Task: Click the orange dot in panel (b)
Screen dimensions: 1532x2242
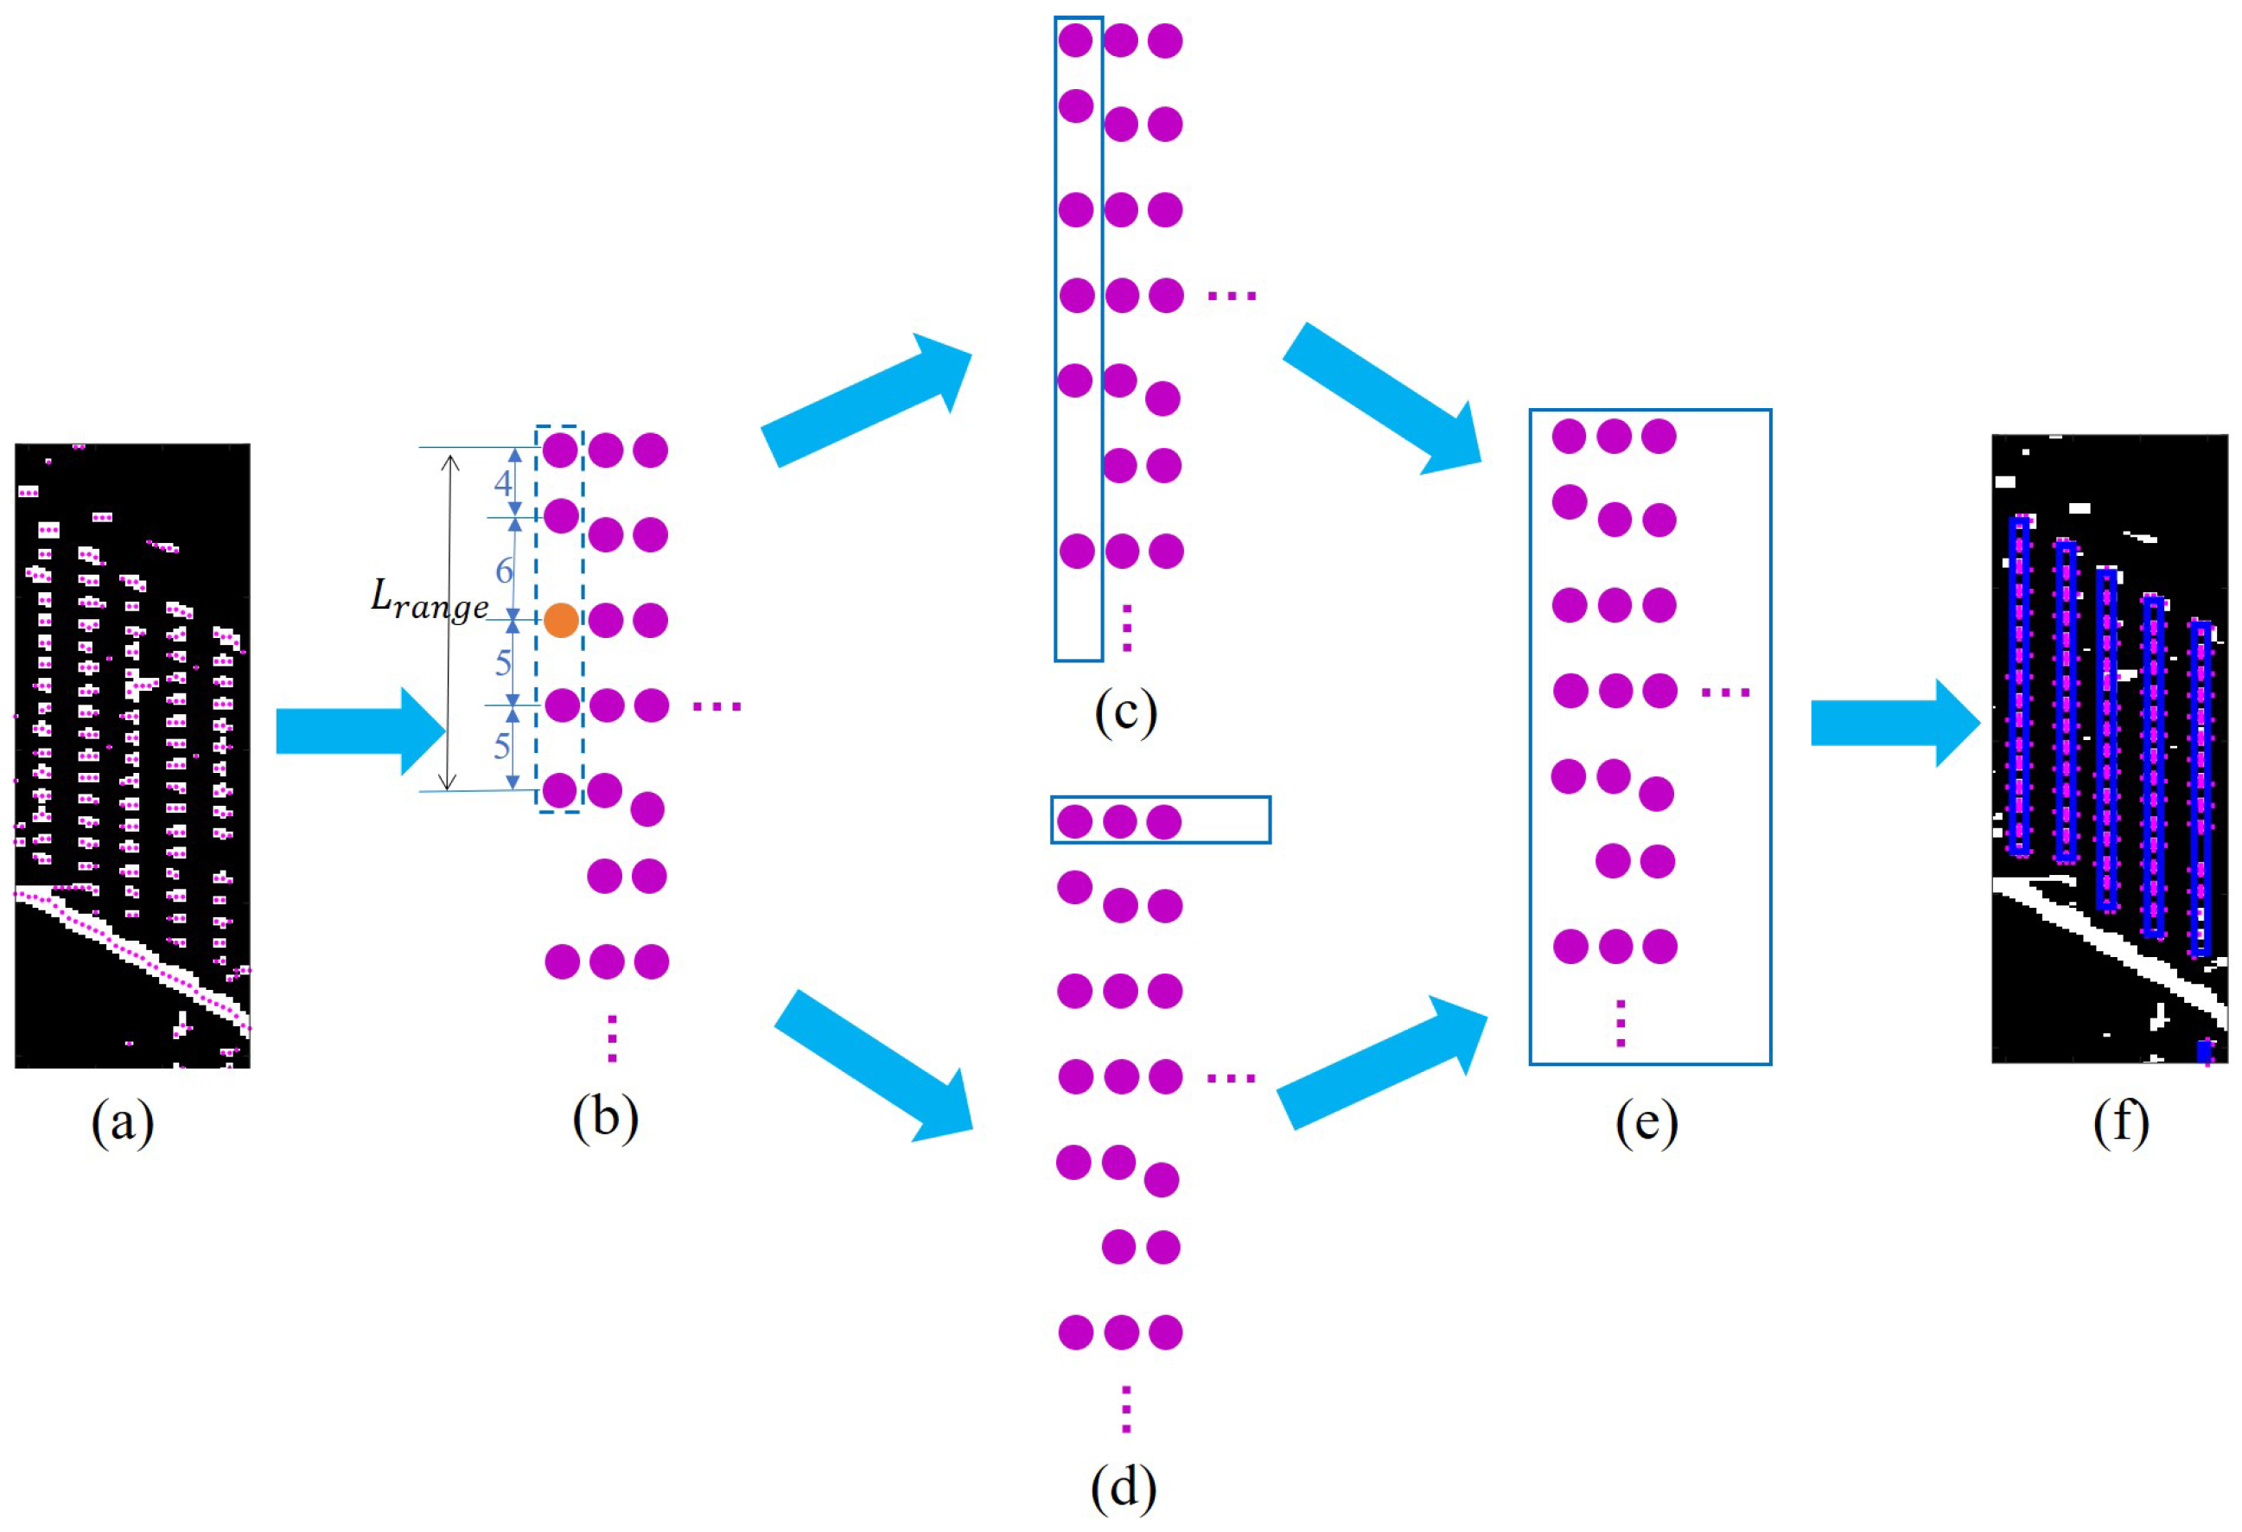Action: pyautogui.click(x=560, y=621)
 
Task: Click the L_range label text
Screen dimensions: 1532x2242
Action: pyautogui.click(x=430, y=600)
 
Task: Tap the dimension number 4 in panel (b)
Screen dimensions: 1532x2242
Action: pyautogui.click(x=503, y=482)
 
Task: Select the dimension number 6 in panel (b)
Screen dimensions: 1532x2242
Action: pyautogui.click(x=504, y=570)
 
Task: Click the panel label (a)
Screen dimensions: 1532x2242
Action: pyautogui.click(x=123, y=1122)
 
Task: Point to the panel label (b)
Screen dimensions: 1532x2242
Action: pyautogui.click(x=605, y=1118)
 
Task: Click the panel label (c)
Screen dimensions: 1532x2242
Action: pyautogui.click(x=1124, y=713)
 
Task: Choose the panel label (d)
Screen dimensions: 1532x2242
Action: pyautogui.click(x=1123, y=1487)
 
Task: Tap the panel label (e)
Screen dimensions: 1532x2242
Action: pyautogui.click(x=1646, y=1122)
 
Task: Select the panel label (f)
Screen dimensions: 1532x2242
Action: pyautogui.click(x=2121, y=1122)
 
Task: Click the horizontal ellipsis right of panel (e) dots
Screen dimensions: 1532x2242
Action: pyautogui.click(x=1725, y=692)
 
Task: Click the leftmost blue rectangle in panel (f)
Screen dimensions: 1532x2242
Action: pyautogui.click(x=2018, y=686)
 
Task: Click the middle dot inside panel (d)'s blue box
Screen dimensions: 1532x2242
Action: pyautogui.click(x=1119, y=822)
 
